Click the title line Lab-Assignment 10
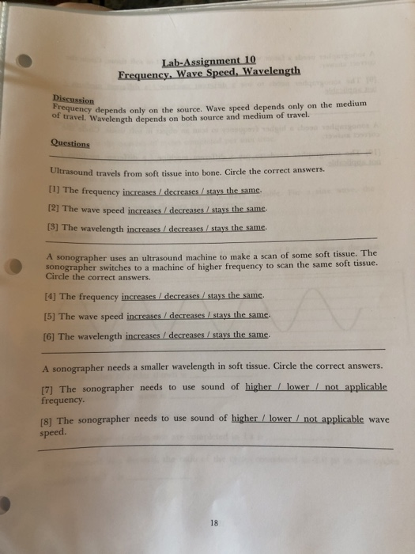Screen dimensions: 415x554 tap(209, 60)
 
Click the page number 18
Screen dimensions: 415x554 tap(214, 522)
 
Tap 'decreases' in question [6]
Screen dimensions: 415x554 tap(187, 336)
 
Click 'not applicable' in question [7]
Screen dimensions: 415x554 tap(357, 387)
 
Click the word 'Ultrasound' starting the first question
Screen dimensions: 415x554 tap(71, 171)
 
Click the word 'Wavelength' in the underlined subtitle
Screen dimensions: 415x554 tap(272, 71)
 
